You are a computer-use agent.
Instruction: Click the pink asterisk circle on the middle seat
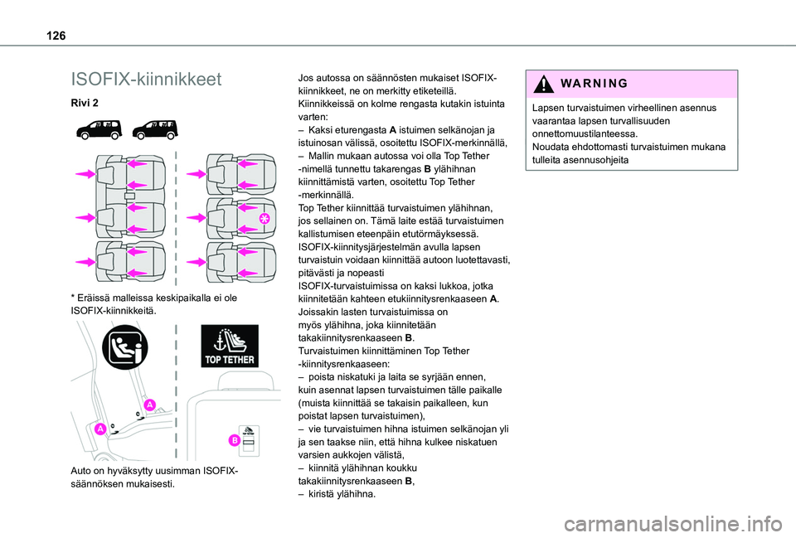click(265, 218)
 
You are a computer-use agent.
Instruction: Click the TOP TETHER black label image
click(230, 347)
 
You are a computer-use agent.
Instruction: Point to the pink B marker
click(235, 439)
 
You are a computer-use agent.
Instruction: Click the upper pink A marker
click(148, 404)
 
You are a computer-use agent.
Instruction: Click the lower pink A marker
click(99, 429)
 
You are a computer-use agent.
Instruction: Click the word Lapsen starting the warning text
click(550, 108)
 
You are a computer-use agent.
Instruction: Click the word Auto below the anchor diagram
click(85, 472)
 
